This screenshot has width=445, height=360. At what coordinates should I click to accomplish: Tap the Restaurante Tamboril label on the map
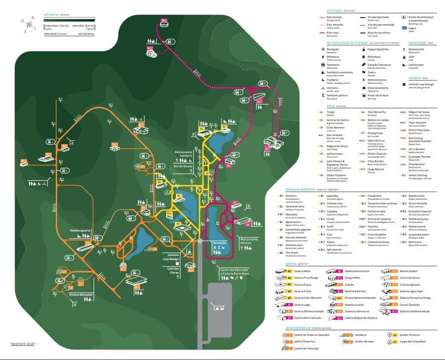click(183, 153)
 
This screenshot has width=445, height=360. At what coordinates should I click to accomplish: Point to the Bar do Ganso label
click(183, 166)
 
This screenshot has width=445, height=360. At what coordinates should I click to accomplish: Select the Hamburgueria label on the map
click(80, 230)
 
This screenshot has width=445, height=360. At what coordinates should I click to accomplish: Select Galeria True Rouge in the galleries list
click(306, 277)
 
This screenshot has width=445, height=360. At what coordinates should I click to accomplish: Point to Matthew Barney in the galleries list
click(355, 291)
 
